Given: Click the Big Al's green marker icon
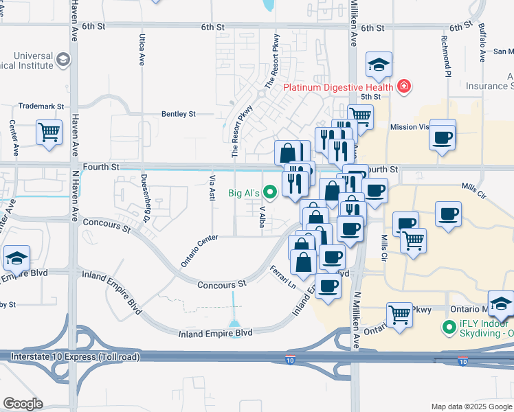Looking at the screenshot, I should tap(270, 193).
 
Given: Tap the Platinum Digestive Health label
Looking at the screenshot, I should tap(339, 87).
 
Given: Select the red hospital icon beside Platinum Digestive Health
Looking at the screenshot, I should tap(404, 87).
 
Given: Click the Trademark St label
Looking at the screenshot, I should tap(41, 107).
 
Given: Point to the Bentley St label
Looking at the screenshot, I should tap(179, 114).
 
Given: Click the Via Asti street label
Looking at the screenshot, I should tap(212, 187).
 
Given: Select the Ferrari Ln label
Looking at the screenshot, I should tap(282, 277).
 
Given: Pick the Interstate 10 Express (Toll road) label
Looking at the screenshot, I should tap(76, 357).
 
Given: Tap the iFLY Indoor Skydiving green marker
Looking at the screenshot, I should tap(450, 329).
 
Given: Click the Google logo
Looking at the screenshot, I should tap(23, 404).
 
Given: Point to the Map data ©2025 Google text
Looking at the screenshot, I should tap(471, 407).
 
